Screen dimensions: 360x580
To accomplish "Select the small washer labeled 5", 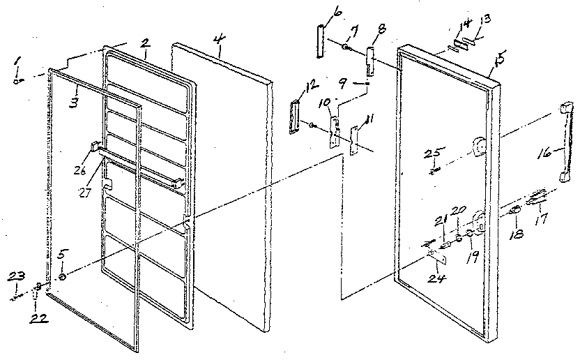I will tap(63, 277).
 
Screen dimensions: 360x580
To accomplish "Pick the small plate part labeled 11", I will tap(353, 139).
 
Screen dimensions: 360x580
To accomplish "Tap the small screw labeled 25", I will tap(434, 167).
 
